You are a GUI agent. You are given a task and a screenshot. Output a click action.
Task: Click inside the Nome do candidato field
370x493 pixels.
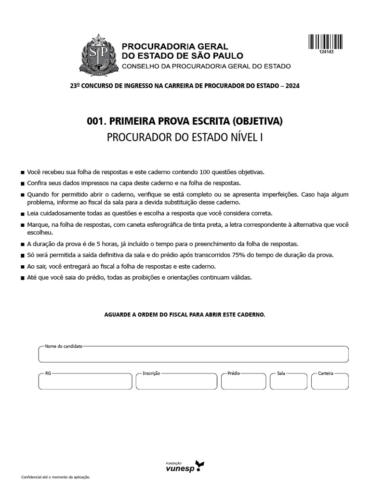[x=193, y=355]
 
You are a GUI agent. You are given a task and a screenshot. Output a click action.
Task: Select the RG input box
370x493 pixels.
[x=84, y=381]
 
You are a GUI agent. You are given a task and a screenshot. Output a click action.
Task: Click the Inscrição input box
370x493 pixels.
[x=176, y=381]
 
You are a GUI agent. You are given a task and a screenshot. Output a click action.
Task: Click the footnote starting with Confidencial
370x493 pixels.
[x=56, y=477]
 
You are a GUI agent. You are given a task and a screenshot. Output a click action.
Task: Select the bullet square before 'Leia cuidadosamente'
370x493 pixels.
[x=23, y=213]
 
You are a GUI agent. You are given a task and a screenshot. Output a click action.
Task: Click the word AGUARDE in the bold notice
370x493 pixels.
[x=118, y=314]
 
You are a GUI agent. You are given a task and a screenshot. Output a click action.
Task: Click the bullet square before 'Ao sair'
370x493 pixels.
[x=23, y=267]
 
